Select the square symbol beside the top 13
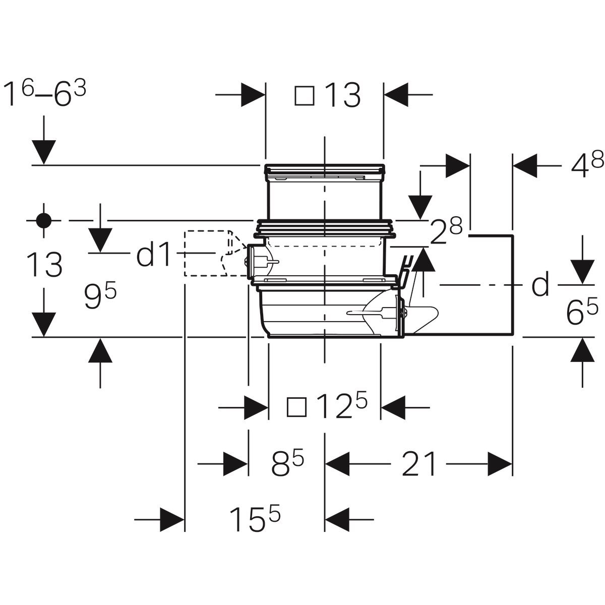pyautogui.click(x=304, y=95)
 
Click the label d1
pyautogui.click(x=154, y=256)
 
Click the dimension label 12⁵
pyautogui.click(x=341, y=406)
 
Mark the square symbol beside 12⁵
pyautogui.click(x=296, y=406)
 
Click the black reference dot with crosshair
pyautogui.click(x=44, y=220)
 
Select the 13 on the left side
pyautogui.click(x=45, y=265)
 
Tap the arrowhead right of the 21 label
pyautogui.click(x=499, y=464)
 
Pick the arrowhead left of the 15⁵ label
pyautogui.click(x=171, y=518)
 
